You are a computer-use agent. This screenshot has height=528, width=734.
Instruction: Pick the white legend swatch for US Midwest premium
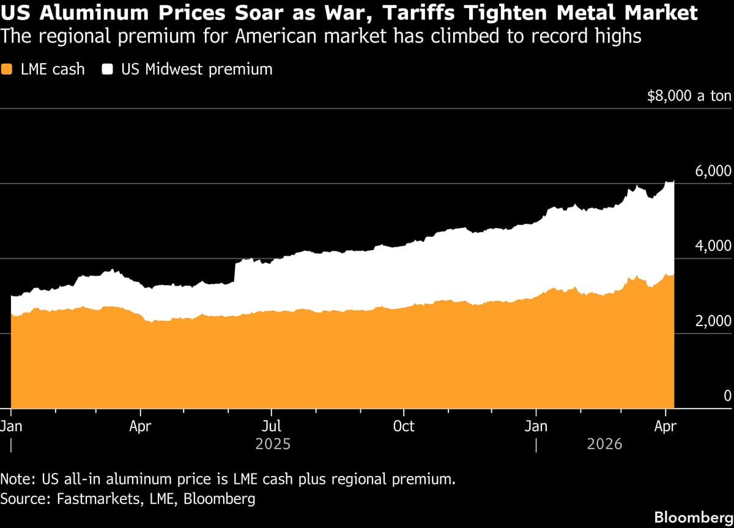pyautogui.click(x=108, y=69)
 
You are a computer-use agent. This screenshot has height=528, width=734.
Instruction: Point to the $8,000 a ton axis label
pyautogui.click(x=689, y=96)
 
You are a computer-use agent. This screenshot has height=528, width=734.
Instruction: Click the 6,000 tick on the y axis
pyautogui.click(x=713, y=171)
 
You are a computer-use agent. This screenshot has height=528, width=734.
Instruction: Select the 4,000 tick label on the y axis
pyautogui.click(x=713, y=247)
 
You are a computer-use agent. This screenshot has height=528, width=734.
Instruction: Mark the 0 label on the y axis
pyautogui.click(x=727, y=396)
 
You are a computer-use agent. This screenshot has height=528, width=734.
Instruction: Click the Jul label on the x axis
pyautogui.click(x=272, y=426)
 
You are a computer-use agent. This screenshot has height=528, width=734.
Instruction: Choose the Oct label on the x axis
pyautogui.click(x=404, y=426)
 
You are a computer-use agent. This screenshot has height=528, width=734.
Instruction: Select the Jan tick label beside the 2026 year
pyautogui.click(x=536, y=426)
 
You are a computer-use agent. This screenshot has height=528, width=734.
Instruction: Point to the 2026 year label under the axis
pyautogui.click(x=604, y=444)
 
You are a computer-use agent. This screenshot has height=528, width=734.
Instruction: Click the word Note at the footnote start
pyautogui.click(x=17, y=478)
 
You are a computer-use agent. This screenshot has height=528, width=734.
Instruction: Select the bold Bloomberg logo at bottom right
pyautogui.click(x=693, y=517)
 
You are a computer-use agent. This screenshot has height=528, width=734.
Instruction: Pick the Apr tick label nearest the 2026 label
pyautogui.click(x=665, y=426)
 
